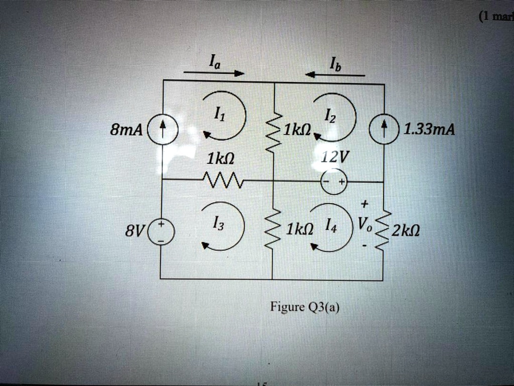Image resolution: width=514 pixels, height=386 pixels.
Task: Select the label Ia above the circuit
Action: (212, 62)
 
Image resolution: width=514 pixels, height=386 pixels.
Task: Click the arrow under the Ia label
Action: (214, 73)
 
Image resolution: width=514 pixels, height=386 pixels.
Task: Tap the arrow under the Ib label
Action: (335, 75)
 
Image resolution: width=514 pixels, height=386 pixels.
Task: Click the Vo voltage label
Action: (365, 225)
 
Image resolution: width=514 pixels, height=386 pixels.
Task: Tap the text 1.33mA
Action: (430, 131)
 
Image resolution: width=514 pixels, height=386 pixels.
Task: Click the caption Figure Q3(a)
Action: (305, 307)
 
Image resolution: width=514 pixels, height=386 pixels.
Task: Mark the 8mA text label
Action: (126, 132)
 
